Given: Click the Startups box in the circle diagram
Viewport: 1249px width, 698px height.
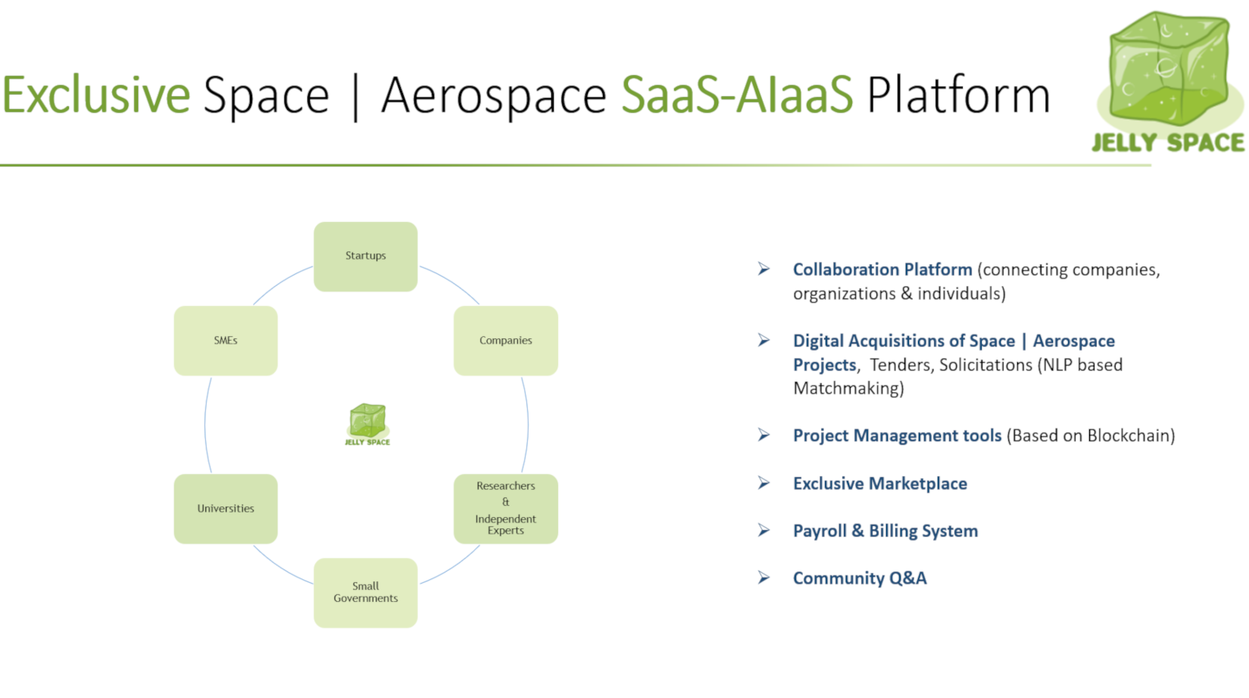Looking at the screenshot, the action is point(366,257).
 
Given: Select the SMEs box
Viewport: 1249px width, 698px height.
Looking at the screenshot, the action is point(226,341).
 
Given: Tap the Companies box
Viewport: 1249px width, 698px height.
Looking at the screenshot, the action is point(506,341).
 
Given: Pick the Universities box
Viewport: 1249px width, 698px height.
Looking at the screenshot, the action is point(226,509).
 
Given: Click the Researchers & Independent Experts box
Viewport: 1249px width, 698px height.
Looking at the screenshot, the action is point(506,509).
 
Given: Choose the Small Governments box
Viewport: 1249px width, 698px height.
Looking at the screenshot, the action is point(366,594).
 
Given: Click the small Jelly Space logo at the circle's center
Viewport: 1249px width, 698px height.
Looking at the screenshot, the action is point(367,425).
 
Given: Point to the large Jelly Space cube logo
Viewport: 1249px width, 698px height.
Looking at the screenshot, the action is point(1169,82).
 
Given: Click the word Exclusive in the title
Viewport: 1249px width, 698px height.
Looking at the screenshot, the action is point(96,95).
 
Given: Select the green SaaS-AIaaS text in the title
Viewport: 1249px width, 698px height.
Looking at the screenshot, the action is point(737,95).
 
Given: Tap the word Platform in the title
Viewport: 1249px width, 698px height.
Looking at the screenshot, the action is point(958,95).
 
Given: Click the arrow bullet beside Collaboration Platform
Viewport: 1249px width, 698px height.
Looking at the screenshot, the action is point(764,270).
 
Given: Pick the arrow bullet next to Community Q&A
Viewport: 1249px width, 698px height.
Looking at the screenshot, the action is point(764,578).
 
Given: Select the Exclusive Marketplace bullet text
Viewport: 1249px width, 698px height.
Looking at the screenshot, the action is point(880,483).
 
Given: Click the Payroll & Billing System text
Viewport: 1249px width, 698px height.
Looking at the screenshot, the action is point(885,531).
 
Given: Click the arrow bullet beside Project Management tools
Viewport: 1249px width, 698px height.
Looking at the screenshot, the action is point(764,435).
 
